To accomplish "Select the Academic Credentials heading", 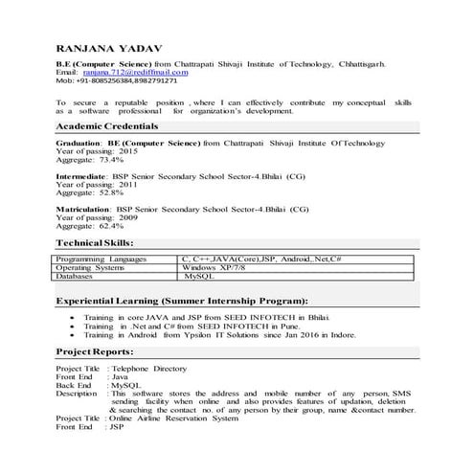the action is (106, 126).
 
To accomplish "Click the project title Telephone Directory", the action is (148, 368).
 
